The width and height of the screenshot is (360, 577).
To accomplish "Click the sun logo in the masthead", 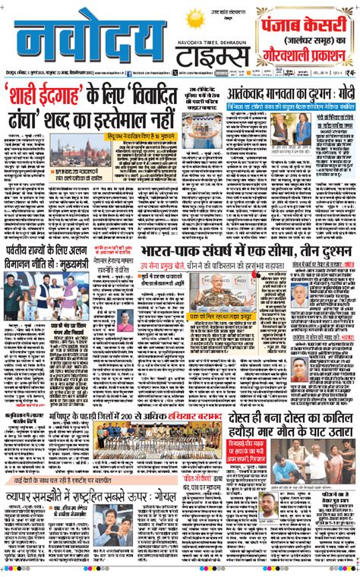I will pyautogui.click(x=197, y=20).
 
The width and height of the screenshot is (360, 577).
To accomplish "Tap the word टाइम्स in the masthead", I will pyautogui.click(x=213, y=55).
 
